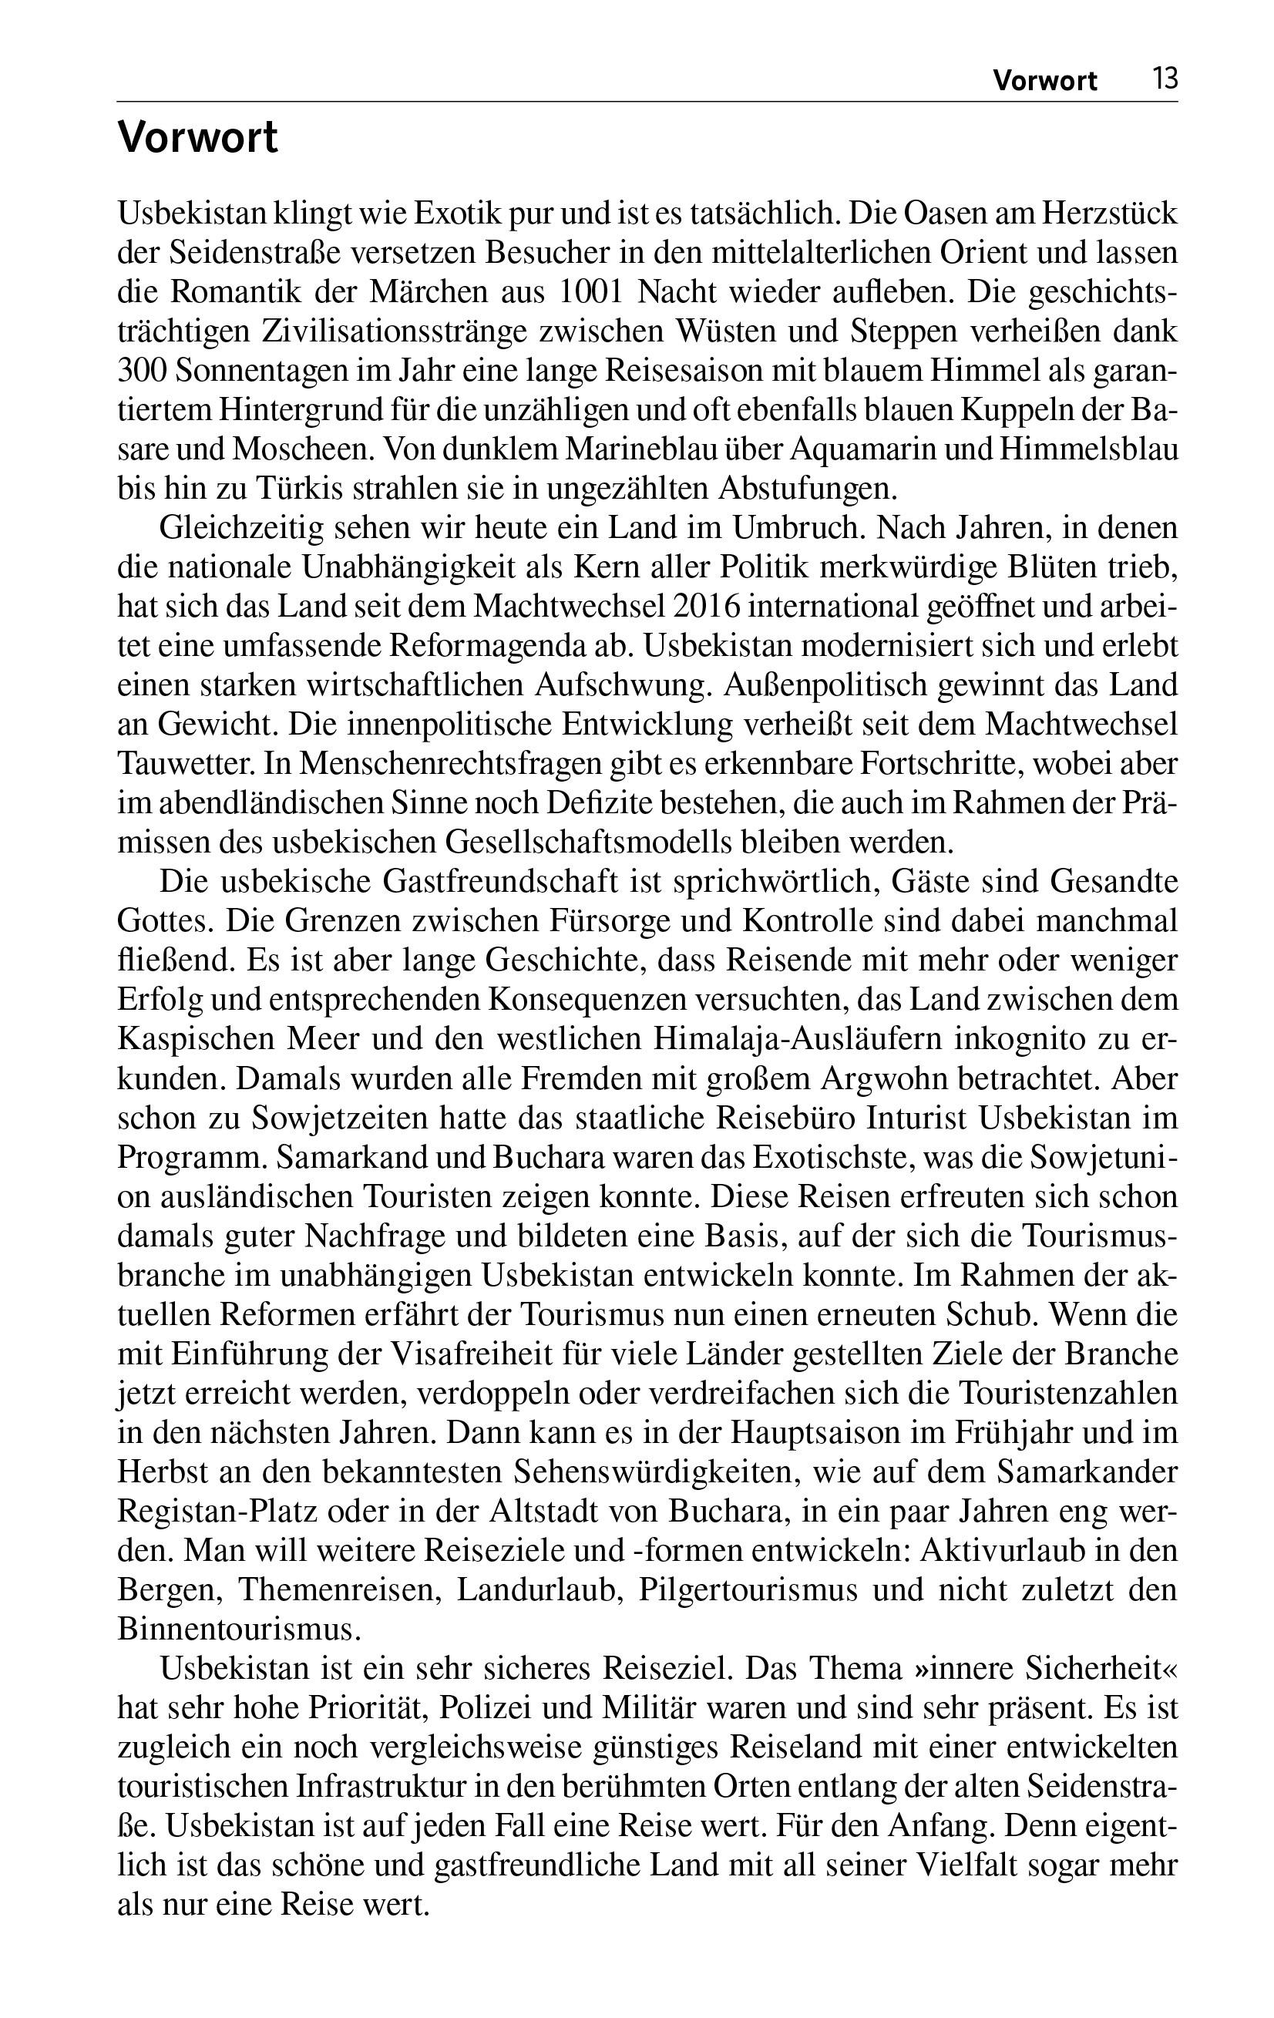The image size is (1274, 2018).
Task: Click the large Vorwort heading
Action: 197,138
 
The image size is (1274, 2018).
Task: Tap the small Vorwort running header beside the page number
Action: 1044,80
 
